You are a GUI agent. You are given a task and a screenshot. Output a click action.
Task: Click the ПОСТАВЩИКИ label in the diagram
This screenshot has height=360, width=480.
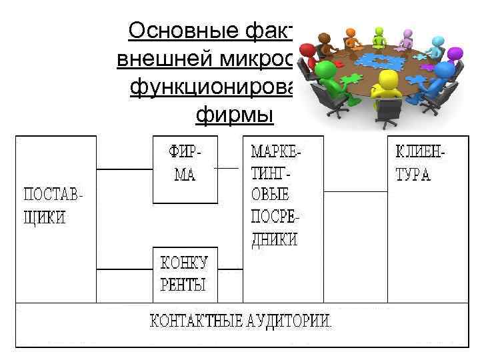[x=55, y=207]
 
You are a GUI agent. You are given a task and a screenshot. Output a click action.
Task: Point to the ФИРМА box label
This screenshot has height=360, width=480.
[x=185, y=164]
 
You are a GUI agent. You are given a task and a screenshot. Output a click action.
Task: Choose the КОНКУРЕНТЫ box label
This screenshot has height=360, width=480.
[x=184, y=274]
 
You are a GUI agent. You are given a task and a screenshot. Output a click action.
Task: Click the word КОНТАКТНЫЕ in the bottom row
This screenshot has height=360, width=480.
[x=194, y=320]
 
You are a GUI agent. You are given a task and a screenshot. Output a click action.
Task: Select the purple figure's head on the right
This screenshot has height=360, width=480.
[x=455, y=53]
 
